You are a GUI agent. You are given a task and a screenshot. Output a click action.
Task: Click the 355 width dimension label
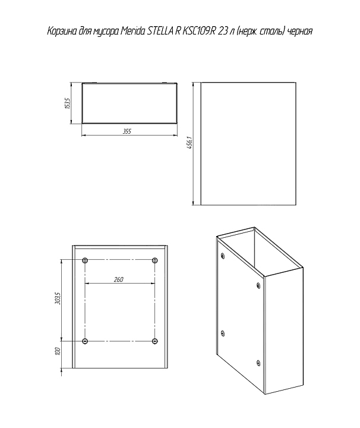pos(127,131)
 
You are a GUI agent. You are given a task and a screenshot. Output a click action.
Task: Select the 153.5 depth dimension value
pos(68,103)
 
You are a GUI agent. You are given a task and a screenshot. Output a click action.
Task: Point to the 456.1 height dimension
pos(190,143)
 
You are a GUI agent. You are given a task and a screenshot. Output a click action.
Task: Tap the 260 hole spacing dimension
pos(119,279)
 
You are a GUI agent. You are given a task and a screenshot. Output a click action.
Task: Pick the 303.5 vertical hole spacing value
pos(58,298)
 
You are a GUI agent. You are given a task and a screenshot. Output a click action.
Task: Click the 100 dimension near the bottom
pos(58,351)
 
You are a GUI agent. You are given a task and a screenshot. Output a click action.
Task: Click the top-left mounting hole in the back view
pos(85,260)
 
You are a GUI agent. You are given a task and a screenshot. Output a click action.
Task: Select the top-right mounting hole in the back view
pos(155,260)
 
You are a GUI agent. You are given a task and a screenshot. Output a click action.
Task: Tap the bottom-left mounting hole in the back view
pos(85,341)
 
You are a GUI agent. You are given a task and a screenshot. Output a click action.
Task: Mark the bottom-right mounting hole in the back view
pos(155,341)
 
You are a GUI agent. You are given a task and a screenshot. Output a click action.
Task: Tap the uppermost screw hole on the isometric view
pos(223,256)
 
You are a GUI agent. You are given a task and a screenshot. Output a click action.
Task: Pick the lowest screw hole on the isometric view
pos(258,363)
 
